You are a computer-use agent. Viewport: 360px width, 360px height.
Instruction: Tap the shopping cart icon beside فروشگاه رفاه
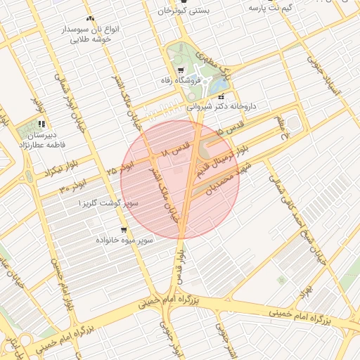point(181,70)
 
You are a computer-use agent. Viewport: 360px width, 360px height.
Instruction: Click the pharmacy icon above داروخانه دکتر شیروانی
point(221,96)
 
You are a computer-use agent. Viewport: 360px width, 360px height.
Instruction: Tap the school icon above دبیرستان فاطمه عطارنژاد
point(41,124)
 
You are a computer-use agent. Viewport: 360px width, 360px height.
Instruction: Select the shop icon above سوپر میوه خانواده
point(124,230)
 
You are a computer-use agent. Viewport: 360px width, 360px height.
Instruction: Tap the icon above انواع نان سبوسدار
point(89,18)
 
